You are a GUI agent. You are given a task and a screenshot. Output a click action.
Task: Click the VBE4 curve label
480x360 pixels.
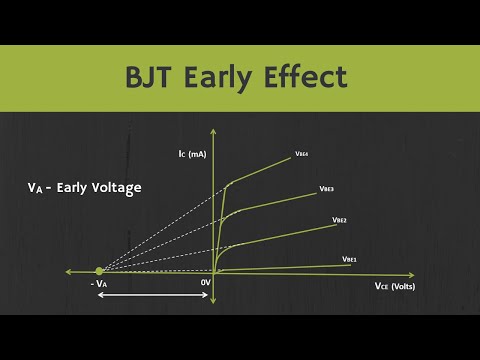point(301,154)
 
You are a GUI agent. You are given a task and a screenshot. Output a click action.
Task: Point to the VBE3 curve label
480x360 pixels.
point(326,188)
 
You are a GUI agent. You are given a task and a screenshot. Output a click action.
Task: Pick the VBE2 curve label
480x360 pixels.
point(339,219)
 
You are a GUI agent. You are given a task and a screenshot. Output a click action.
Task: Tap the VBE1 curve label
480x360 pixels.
point(349,258)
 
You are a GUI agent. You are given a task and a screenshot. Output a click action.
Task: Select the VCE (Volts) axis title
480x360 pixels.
point(395,287)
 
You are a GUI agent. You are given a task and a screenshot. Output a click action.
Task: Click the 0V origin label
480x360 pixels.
point(206,284)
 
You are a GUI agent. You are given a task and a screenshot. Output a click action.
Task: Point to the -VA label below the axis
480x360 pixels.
point(99,285)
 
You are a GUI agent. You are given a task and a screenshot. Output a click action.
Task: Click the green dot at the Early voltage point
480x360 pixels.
point(99,271)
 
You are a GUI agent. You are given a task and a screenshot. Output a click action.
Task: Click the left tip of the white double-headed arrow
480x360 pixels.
point(97,299)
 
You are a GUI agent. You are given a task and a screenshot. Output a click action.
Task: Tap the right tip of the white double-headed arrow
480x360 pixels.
point(211,299)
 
